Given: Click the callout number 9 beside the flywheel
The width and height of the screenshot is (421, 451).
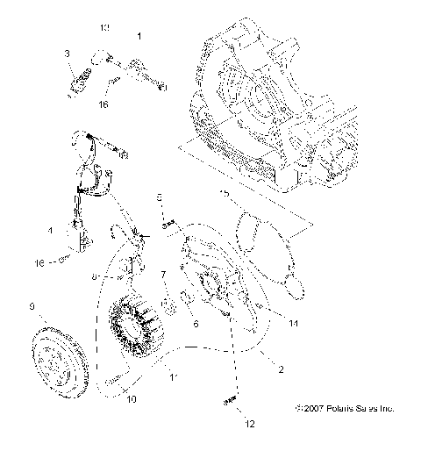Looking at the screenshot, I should pyautogui.click(x=32, y=307).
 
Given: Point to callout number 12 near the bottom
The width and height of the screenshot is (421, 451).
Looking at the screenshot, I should pyautogui.click(x=250, y=424).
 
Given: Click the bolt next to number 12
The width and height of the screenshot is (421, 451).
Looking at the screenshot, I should pyautogui.click(x=232, y=401).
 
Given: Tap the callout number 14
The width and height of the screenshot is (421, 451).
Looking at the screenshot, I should pyautogui.click(x=294, y=323).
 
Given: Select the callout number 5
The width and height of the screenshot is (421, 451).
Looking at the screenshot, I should pyautogui.click(x=159, y=197).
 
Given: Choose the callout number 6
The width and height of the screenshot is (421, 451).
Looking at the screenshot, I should pyautogui.click(x=196, y=324).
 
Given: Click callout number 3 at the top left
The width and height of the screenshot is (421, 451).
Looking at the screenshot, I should pyautogui.click(x=67, y=54).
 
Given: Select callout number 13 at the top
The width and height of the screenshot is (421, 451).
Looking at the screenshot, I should pyautogui.click(x=104, y=28).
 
